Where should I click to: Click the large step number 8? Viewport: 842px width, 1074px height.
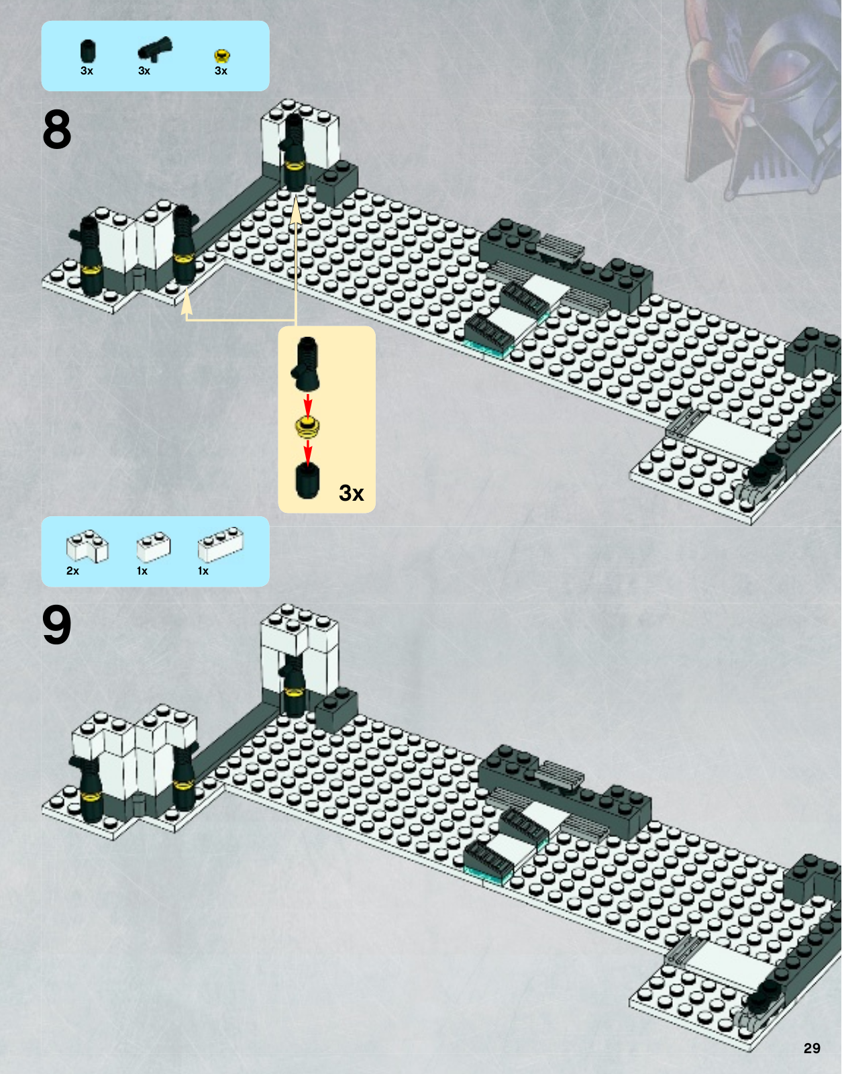57,130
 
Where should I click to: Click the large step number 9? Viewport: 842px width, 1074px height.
57,625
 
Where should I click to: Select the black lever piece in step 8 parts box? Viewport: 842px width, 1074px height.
155,50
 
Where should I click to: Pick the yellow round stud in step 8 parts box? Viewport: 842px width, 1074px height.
222,56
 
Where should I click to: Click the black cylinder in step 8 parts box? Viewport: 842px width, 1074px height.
88,52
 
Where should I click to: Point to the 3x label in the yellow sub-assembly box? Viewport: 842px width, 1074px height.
351,493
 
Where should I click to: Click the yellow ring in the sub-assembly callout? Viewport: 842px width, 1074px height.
307,427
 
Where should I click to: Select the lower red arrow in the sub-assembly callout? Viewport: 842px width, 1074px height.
308,452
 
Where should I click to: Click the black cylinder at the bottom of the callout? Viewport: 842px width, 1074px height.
307,481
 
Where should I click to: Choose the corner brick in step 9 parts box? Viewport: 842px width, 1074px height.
87,546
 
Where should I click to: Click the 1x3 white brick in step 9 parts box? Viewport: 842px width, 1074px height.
221,544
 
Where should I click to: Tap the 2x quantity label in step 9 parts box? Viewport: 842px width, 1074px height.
72,571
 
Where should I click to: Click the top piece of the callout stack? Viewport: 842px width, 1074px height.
306,364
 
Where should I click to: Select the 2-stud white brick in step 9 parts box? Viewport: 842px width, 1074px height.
154,546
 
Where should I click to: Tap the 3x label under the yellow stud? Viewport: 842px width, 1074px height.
221,70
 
